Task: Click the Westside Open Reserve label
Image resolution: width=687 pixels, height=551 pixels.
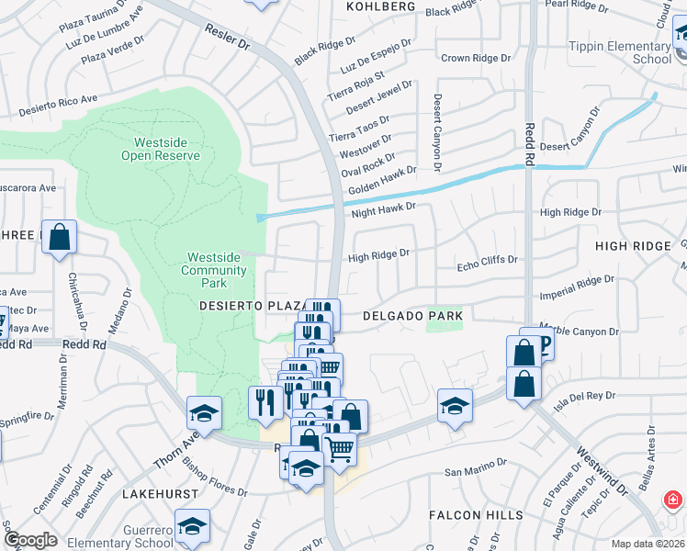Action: click(161, 149)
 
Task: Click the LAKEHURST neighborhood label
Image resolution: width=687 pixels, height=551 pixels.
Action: click(161, 493)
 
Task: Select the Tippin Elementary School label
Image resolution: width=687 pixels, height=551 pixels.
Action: click(621, 52)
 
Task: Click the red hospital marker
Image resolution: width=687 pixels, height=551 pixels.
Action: click(673, 500)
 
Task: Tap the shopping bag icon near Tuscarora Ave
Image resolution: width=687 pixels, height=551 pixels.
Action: click(60, 237)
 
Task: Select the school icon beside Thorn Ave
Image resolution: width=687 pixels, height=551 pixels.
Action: click(204, 412)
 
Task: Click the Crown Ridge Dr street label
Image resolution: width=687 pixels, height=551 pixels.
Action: click(475, 59)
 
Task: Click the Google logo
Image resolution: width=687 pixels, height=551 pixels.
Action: click(30, 540)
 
